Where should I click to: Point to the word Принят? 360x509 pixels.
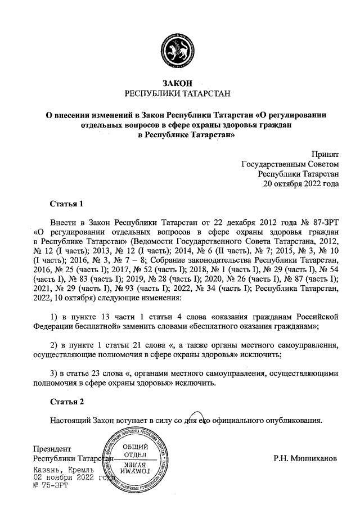(x=326, y=154)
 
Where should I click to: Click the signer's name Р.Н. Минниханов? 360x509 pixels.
(x=305, y=458)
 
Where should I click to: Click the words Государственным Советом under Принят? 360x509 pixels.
(x=290, y=164)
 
